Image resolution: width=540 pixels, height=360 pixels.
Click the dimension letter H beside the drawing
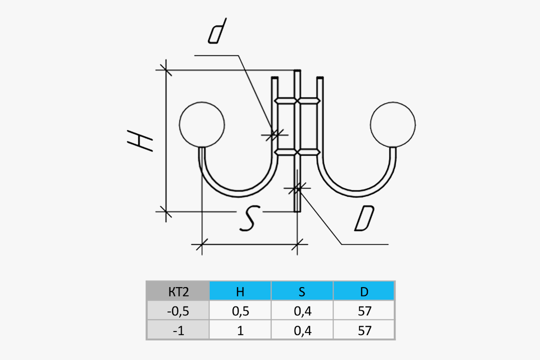[140, 140]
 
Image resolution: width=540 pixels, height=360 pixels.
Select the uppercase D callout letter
[364, 220]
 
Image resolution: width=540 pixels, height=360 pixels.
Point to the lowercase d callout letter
[217, 32]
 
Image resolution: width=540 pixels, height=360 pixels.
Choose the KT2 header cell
[178, 291]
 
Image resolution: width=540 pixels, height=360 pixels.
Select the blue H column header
[240, 291]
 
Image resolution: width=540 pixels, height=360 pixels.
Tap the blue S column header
[302, 291]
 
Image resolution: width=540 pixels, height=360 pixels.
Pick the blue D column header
[364, 291]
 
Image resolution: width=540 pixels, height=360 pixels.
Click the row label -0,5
[178, 311]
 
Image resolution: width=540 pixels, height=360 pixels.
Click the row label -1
[178, 330]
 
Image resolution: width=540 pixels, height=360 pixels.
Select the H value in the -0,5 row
[240, 311]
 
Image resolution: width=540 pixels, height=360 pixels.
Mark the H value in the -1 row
[240, 330]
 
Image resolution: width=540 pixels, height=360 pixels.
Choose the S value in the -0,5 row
[302, 311]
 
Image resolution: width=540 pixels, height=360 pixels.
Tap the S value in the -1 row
[302, 330]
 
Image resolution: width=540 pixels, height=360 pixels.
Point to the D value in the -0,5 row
[364, 311]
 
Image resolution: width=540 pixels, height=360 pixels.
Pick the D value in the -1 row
[364, 330]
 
